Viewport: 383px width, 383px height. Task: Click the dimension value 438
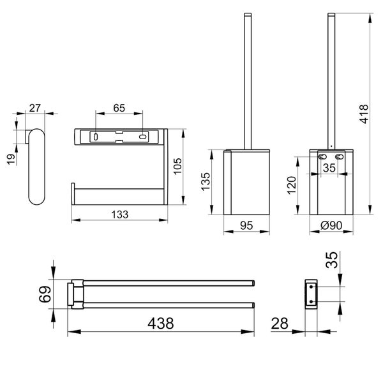click(x=160, y=323)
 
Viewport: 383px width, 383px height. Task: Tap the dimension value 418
click(x=364, y=114)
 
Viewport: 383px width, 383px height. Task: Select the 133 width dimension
click(x=120, y=214)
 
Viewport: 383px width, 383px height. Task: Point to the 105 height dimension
click(x=177, y=166)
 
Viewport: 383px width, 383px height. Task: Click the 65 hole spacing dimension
click(x=119, y=108)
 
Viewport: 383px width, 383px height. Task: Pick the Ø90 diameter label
click(x=331, y=225)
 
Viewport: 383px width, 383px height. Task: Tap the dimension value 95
click(x=246, y=225)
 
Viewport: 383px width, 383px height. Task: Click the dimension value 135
click(x=205, y=181)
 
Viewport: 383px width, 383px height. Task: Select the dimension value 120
click(x=292, y=185)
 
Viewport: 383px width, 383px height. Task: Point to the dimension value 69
click(x=45, y=294)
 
